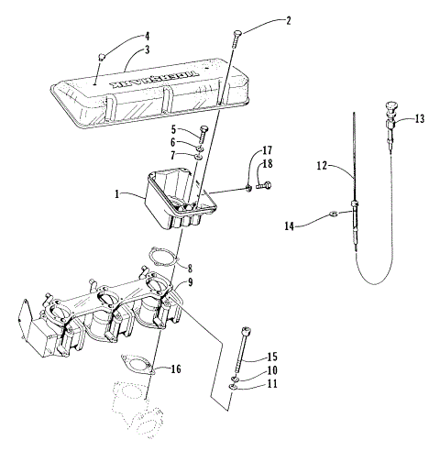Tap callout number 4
146,37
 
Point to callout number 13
419,118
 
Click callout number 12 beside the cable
322,165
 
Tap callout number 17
268,149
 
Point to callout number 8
190,269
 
